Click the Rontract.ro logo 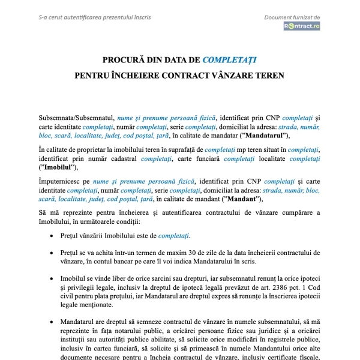(x=302, y=26)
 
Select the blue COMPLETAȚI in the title (x=230, y=60)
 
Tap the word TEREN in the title (x=268, y=76)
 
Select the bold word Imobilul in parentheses (x=58, y=167)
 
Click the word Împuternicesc (x=64, y=181)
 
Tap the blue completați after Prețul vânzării (x=174, y=236)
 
